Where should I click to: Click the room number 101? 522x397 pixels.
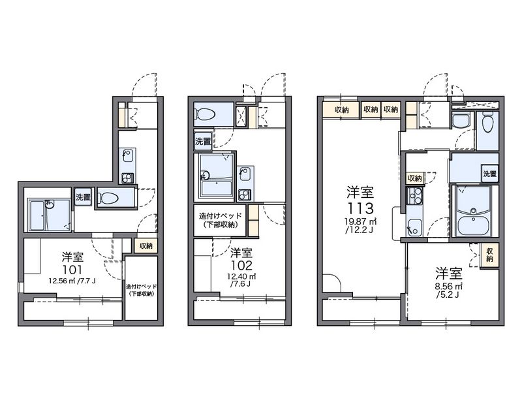click(x=72, y=270)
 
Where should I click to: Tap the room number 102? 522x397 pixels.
click(x=242, y=266)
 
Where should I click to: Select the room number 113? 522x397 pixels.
click(x=361, y=208)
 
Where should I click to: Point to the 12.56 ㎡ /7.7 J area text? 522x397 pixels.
click(x=72, y=281)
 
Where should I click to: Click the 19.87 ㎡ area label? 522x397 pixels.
click(x=361, y=221)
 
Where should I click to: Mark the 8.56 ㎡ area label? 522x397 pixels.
click(x=449, y=286)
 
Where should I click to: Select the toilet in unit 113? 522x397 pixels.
click(x=487, y=123)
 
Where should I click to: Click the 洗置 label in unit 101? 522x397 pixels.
click(x=83, y=197)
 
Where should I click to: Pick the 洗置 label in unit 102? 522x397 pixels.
click(x=203, y=141)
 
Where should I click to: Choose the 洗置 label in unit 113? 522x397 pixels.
click(x=490, y=174)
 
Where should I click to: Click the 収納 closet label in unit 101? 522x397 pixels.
click(x=146, y=246)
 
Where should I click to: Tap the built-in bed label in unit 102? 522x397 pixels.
click(x=220, y=220)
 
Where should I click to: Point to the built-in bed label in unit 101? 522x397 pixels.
click(x=141, y=290)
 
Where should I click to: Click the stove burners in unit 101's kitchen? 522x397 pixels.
click(x=127, y=178)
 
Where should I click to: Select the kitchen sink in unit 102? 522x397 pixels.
click(x=245, y=174)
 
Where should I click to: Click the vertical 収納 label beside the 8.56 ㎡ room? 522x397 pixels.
click(x=489, y=255)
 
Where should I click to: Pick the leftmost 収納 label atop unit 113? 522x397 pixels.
click(x=341, y=110)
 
